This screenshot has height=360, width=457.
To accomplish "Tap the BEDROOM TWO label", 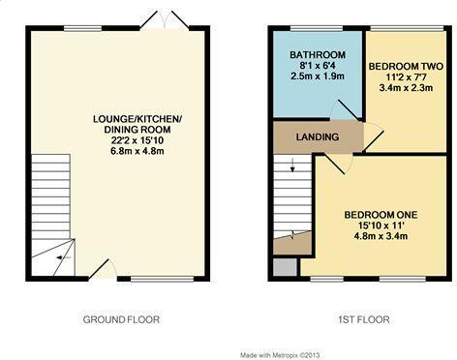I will coord(406,66).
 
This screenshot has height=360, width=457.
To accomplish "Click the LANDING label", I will coord(318,137).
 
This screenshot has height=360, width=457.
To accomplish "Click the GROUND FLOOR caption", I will coord(121,318).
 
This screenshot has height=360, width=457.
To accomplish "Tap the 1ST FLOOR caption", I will coord(358,318).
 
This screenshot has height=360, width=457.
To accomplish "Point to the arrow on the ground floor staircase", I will coord(59,256).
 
